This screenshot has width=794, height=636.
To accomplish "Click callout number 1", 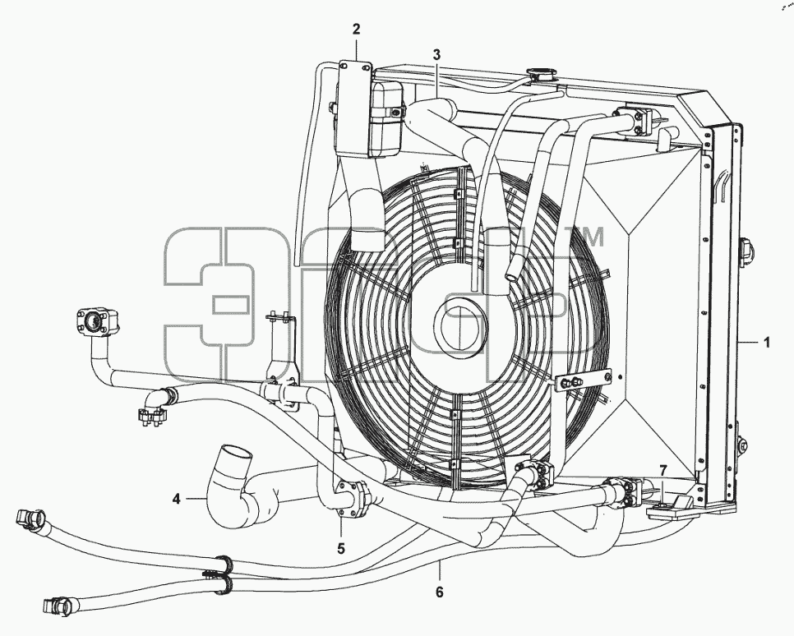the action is pos(767,343).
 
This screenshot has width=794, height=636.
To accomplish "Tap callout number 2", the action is pos(357,29).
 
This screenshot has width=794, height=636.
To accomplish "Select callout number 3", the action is pos(437,55).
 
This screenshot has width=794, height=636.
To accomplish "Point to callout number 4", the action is pos(176,500).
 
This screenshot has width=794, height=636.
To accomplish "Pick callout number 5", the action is pos(341,548).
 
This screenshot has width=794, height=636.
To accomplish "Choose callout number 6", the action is pos(439,592).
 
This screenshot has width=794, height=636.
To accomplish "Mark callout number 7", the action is pos(663,469).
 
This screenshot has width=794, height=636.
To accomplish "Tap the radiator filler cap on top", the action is pos(540,75).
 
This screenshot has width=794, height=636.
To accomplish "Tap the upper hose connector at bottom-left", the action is pos(31,518).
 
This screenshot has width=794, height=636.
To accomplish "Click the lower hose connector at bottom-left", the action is pos(60,605).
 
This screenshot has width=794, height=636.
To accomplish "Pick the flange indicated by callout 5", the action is pos(351,494).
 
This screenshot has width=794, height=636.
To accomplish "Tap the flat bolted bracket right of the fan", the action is pos(582,380).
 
